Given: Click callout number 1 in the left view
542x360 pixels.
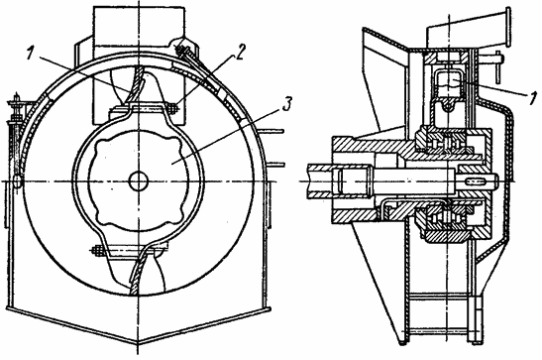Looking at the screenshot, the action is (x=32, y=53).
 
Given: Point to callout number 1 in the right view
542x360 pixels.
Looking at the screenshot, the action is (x=534, y=98).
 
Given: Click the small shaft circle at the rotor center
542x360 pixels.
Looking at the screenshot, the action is (x=139, y=181).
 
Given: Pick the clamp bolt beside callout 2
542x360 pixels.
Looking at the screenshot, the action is (x=171, y=108).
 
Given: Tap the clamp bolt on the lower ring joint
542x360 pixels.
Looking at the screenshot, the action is (x=97, y=251).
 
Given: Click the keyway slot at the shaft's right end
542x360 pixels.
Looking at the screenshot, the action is (x=478, y=181).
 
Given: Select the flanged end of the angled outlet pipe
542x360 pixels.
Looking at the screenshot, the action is (x=507, y=28).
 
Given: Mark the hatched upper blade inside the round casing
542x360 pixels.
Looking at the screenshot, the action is (x=136, y=84).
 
